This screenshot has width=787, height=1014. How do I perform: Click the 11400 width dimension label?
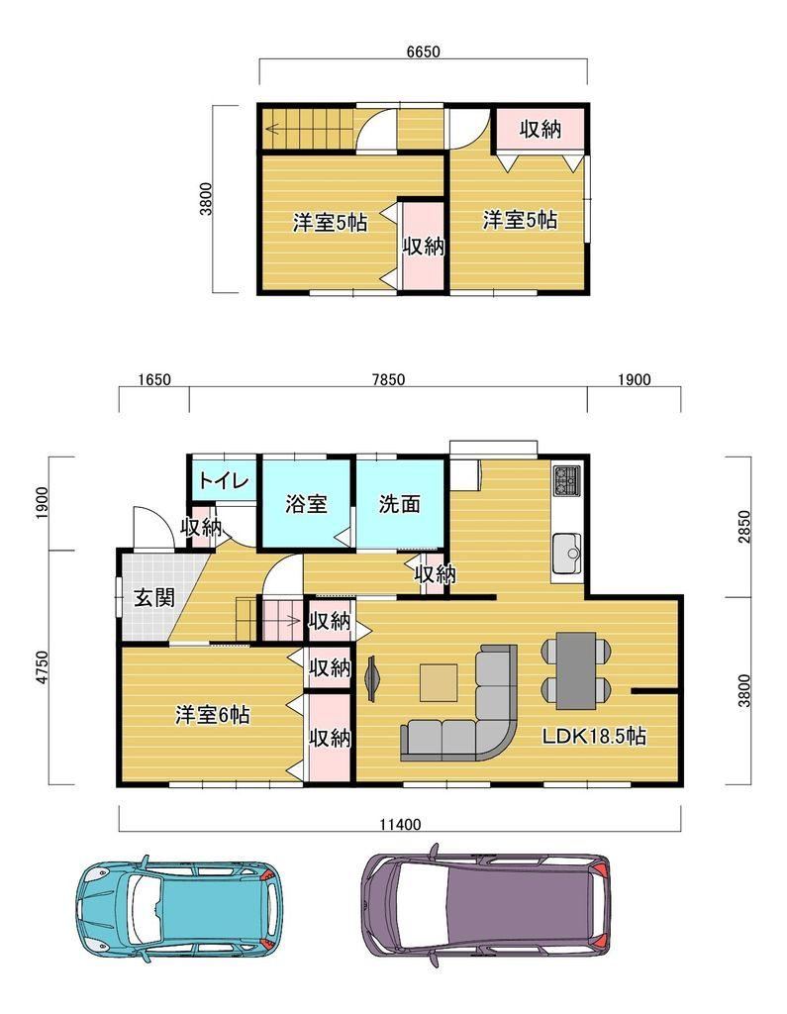coord(400,825)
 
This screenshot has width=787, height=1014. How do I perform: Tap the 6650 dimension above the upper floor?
coord(423,51)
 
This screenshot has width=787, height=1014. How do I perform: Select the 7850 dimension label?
coord(389,379)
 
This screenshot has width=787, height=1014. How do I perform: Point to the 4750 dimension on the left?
coord(42,666)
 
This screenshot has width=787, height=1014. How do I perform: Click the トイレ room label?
coord(224,481)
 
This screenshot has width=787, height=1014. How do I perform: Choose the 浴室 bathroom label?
coord(306,504)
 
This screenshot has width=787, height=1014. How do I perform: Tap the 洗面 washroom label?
coord(400,504)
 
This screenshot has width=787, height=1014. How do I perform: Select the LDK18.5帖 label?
coord(594,736)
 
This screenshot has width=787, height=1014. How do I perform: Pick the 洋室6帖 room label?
coord(212,715)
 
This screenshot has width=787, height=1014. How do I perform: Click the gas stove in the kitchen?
coord(568,481)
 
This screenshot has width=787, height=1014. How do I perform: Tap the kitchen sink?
coord(567,555)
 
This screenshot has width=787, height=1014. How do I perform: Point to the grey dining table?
coord(576,670)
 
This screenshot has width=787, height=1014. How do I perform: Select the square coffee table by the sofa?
coord(439,683)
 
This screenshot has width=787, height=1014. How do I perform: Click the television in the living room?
coord(373,677)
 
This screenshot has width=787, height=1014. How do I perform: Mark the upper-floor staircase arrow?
coord(308,129)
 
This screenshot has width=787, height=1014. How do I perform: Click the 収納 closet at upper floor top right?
coord(541,130)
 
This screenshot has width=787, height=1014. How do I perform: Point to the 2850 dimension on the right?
coord(744,527)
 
